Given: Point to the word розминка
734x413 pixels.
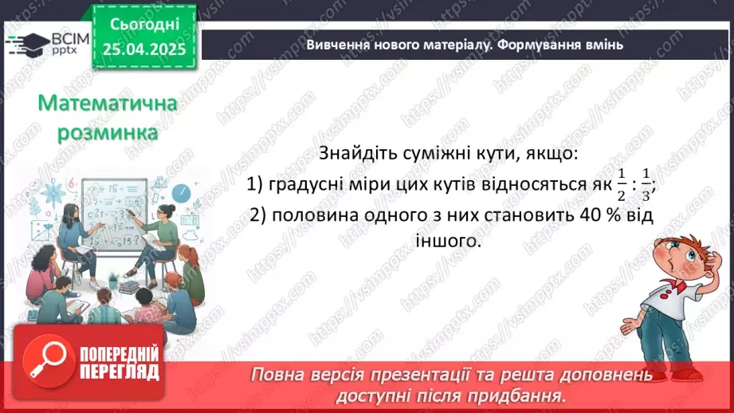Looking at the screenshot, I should [107, 132].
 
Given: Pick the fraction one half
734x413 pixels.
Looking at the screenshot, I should [621, 184].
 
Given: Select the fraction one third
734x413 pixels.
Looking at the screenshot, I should [646, 184].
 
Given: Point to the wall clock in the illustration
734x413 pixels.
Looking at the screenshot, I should [181, 192].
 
